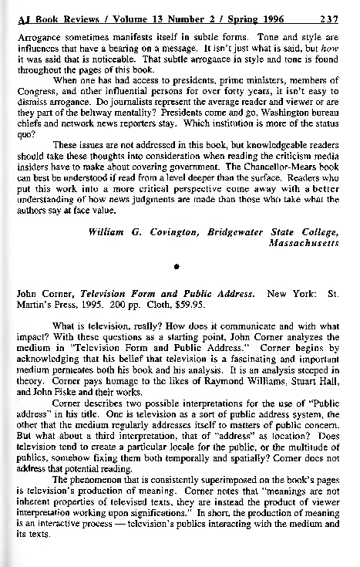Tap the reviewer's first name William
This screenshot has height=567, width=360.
[x=111, y=210]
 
